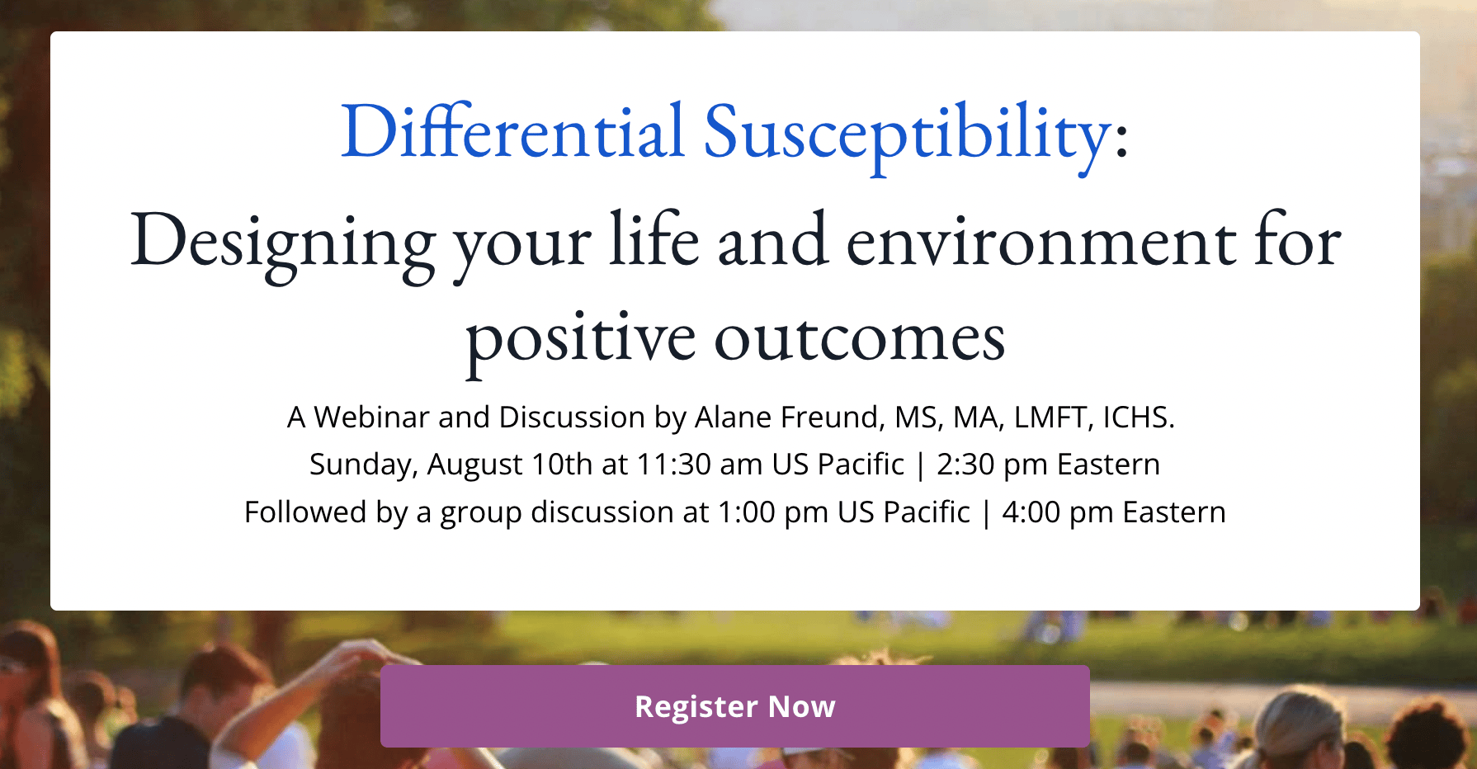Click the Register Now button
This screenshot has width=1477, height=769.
[x=734, y=706]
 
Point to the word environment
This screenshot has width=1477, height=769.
[x=1041, y=242]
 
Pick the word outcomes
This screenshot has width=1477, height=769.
[x=860, y=338]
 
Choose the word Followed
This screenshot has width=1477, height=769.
[x=305, y=512]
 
